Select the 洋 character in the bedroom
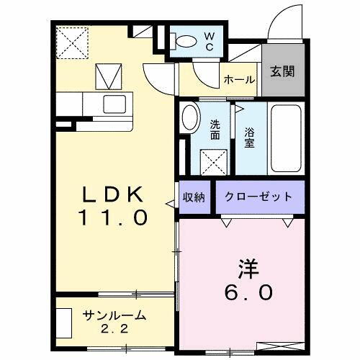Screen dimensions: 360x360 pyautogui.click(x=248, y=269)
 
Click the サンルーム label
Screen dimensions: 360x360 pyautogui.click(x=115, y=315)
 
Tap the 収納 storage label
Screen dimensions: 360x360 pyautogui.click(x=192, y=197)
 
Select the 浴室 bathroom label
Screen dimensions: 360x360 pyautogui.click(x=248, y=138)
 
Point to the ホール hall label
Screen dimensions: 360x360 pyautogui.click(x=238, y=80)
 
